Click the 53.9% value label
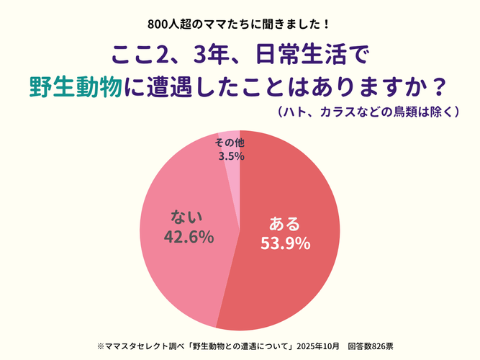point(285,243)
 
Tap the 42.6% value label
point(189,235)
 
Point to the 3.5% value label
point(230,156)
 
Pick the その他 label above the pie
point(230,142)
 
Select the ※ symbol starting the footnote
point(100,345)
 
